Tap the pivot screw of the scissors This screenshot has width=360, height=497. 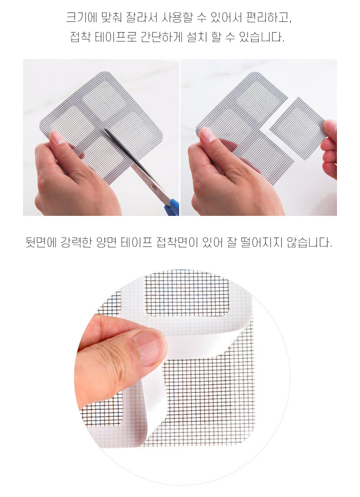coord(154,188)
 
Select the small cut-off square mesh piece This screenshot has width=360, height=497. coord(298,128)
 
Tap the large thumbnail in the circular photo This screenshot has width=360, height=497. coord(149,347)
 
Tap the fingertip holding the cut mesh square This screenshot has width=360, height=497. coord(330,127)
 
